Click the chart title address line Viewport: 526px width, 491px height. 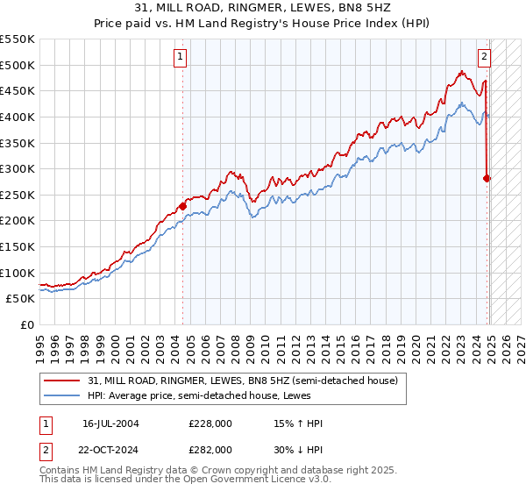point(263,8)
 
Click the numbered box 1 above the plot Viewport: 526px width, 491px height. point(180,57)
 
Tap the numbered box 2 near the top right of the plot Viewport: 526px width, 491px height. point(483,57)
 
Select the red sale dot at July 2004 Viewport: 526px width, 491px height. point(182,206)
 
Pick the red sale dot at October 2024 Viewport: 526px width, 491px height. point(487,178)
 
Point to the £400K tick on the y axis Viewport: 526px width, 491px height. point(18,117)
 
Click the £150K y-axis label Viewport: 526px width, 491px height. point(18,246)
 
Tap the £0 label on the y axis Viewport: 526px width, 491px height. point(26,324)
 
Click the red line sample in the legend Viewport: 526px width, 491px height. point(62,381)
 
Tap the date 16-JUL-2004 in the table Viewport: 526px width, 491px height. point(110,423)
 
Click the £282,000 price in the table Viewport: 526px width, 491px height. point(210,449)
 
